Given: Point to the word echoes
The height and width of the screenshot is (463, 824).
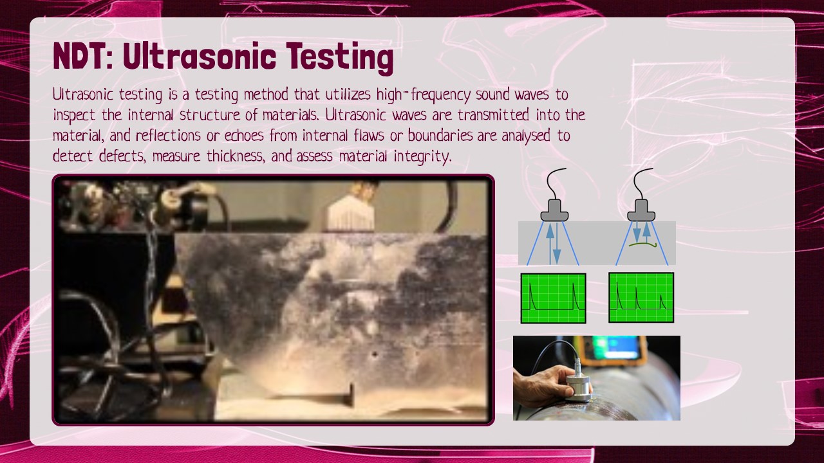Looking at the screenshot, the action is (x=244, y=136).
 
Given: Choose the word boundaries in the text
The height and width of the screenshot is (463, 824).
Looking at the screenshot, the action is (x=440, y=136).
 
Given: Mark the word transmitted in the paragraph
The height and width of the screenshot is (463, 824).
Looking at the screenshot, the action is (x=493, y=115).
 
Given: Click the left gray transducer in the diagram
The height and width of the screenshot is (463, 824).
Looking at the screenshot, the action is (x=554, y=210).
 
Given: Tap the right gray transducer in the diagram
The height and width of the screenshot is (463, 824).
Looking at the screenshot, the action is (x=641, y=210).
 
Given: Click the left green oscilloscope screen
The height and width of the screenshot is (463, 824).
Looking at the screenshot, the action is (x=553, y=298).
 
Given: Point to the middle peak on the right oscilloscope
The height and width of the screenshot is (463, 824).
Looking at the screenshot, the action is (x=637, y=298).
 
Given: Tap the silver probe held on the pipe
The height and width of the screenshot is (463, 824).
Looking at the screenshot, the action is (x=579, y=384).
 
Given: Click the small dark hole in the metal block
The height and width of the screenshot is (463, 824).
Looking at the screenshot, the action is (x=375, y=355).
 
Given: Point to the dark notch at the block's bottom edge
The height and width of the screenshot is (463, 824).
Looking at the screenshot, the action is (x=351, y=394).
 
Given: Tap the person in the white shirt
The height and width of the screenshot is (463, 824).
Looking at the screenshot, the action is (x=351, y=207).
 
